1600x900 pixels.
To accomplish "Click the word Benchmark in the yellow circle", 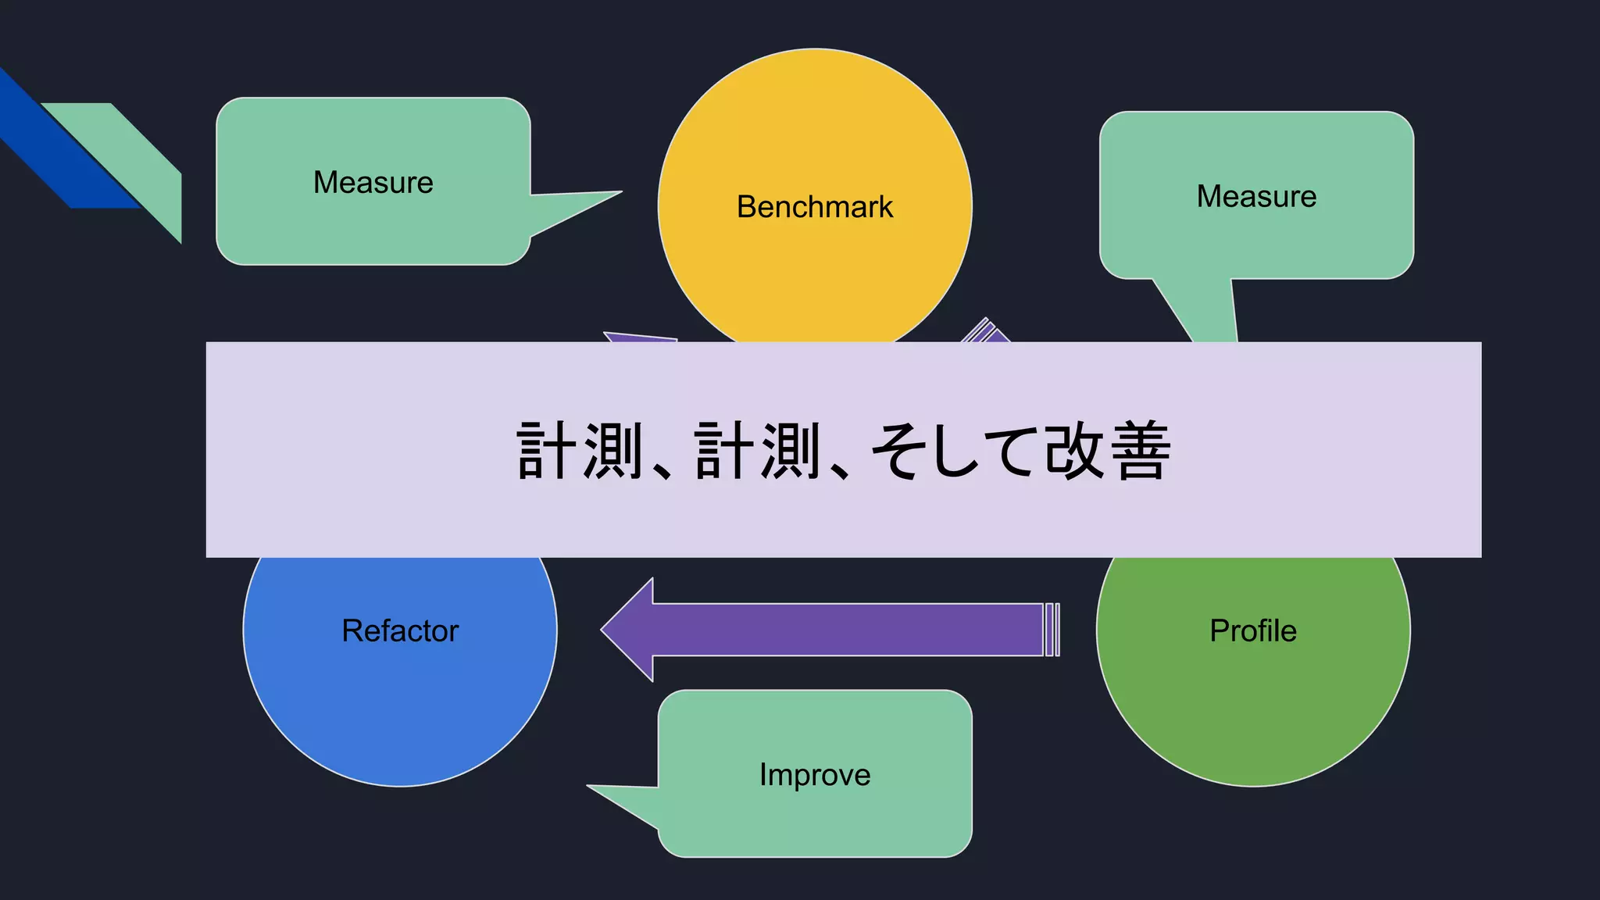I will click(x=814, y=207).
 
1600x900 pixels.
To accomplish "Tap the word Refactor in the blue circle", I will click(x=400, y=630).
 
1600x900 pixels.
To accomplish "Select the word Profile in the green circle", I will click(x=1253, y=630).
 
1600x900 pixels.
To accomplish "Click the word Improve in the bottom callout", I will click(x=815, y=774).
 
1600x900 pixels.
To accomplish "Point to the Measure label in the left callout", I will click(x=373, y=182).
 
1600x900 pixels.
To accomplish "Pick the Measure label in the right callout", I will click(x=1256, y=196).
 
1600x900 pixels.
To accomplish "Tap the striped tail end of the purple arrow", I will click(x=1052, y=630).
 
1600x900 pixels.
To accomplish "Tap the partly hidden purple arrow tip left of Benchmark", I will click(x=637, y=337).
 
